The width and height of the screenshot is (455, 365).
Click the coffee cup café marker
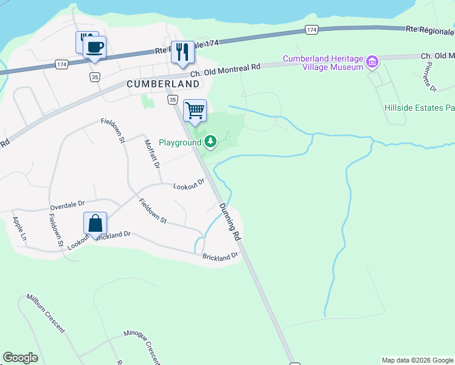pos(94,47)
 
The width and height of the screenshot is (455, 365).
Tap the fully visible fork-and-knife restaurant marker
pos(181,52)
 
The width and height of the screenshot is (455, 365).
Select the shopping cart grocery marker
pos(195,111)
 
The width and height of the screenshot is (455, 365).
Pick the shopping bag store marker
pos(96,223)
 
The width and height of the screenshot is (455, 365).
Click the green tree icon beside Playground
pos(210,142)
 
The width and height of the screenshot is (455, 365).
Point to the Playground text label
pos(179,142)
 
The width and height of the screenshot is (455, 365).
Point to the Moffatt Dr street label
pos(151,153)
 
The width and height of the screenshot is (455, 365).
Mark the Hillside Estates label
pos(419,108)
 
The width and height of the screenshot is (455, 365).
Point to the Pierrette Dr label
pos(431,77)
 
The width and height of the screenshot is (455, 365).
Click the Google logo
pos(20,358)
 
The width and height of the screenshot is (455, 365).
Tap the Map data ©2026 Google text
pos(417,360)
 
